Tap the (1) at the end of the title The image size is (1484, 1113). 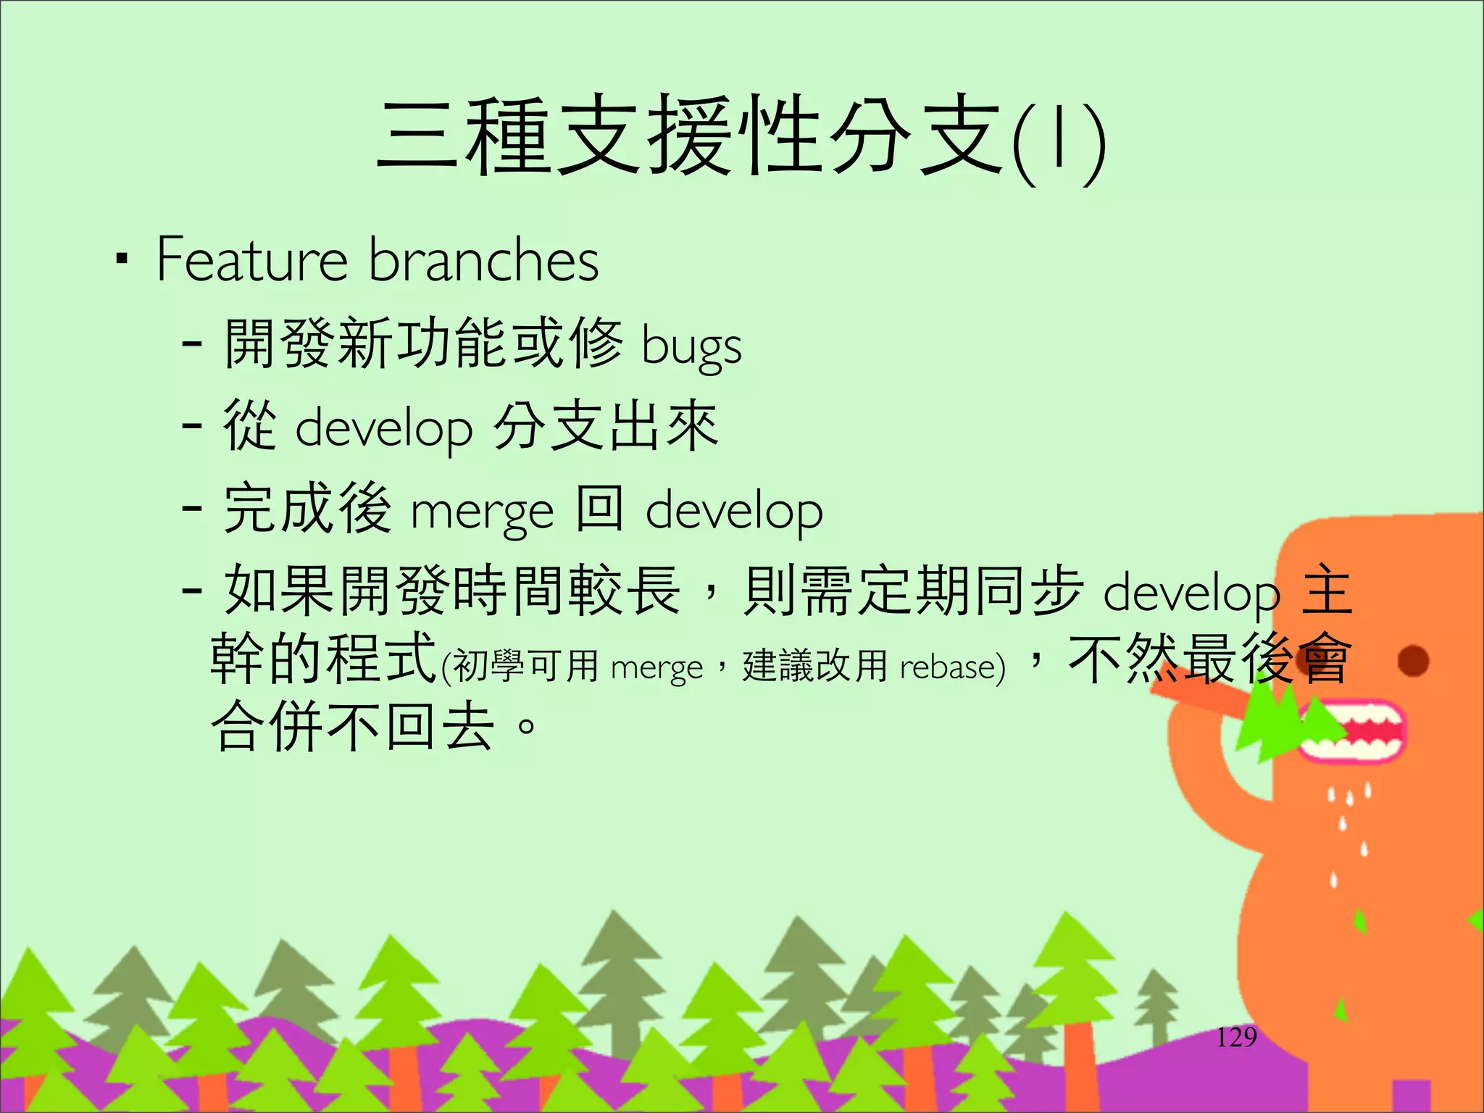pyautogui.click(x=1059, y=141)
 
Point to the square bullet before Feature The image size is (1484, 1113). pyautogui.click(x=122, y=259)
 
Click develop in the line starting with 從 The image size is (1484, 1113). pyautogui.click(x=384, y=428)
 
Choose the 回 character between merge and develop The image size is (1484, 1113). pyautogui.click(x=600, y=509)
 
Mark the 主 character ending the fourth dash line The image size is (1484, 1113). pyautogui.click(x=1327, y=591)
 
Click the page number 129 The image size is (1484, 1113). pyautogui.click(x=1236, y=1038)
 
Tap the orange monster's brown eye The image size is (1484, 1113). pyautogui.click(x=1413, y=660)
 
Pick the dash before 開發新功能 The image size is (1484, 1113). pyautogui.click(x=192, y=343)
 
